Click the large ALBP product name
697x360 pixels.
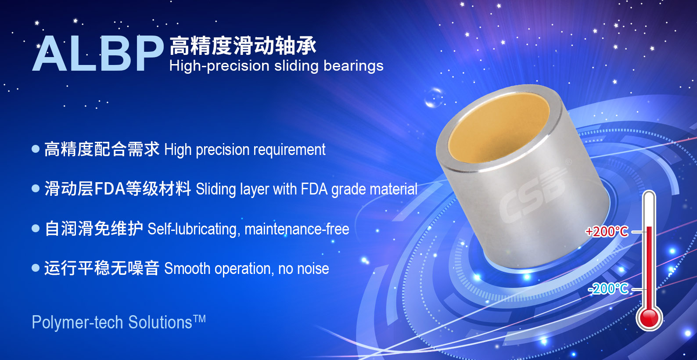98,53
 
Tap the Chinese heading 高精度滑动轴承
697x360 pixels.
243,46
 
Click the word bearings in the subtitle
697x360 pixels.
353,66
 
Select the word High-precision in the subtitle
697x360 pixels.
219,66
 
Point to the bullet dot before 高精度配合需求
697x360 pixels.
36,149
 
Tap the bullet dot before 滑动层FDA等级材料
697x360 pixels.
36,188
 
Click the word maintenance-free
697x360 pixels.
297,229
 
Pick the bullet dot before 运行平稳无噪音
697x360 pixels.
36,268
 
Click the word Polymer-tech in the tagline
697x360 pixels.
78,323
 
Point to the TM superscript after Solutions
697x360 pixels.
199,319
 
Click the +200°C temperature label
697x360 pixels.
607,232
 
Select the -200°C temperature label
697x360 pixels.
608,289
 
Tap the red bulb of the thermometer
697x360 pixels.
650,318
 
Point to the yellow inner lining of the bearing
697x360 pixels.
498,128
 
